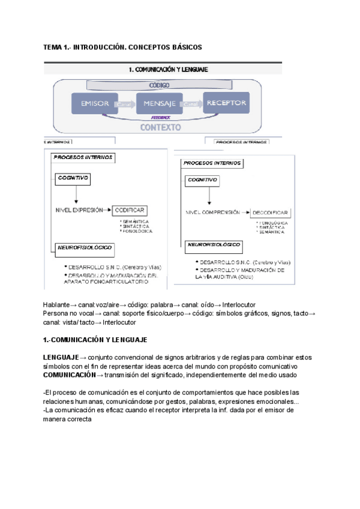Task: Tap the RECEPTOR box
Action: click(226, 103)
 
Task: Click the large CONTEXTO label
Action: click(160, 127)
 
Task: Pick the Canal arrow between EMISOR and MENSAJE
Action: click(125, 104)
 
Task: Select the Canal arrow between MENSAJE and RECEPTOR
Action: click(192, 104)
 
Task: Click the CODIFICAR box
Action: click(130, 210)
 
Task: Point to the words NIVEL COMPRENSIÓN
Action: click(212, 212)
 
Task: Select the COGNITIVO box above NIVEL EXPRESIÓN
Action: click(73, 178)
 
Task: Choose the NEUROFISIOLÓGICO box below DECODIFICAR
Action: click(215, 245)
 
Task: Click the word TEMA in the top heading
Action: click(53, 47)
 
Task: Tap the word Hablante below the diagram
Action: click(56, 304)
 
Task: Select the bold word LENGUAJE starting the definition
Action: click(60, 357)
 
